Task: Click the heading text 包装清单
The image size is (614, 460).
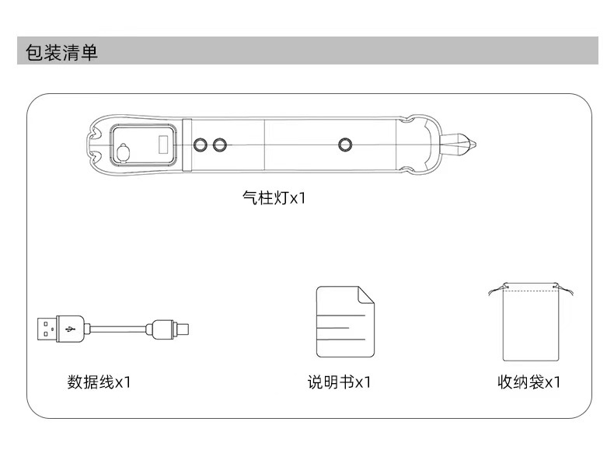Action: [x=62, y=52]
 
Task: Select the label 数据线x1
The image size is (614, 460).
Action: [x=99, y=382]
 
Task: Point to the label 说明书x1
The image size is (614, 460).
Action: [x=339, y=382]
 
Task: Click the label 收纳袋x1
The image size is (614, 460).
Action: [x=529, y=382]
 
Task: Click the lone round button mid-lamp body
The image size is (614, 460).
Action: [x=345, y=145]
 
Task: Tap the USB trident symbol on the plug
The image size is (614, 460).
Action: [x=70, y=327]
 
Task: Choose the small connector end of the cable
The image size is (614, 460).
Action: [x=172, y=327]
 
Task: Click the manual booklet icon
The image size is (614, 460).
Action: [x=344, y=322]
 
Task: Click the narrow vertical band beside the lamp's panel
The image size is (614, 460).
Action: [x=187, y=145]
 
